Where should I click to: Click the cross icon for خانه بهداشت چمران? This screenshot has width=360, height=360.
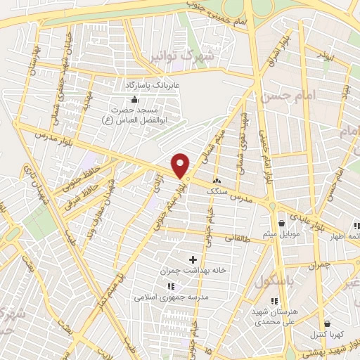pyautogui.click(x=193, y=260)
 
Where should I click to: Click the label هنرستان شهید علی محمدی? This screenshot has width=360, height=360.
pyautogui.click(x=274, y=316)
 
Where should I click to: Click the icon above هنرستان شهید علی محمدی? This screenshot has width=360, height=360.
pyautogui.click(x=274, y=301)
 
